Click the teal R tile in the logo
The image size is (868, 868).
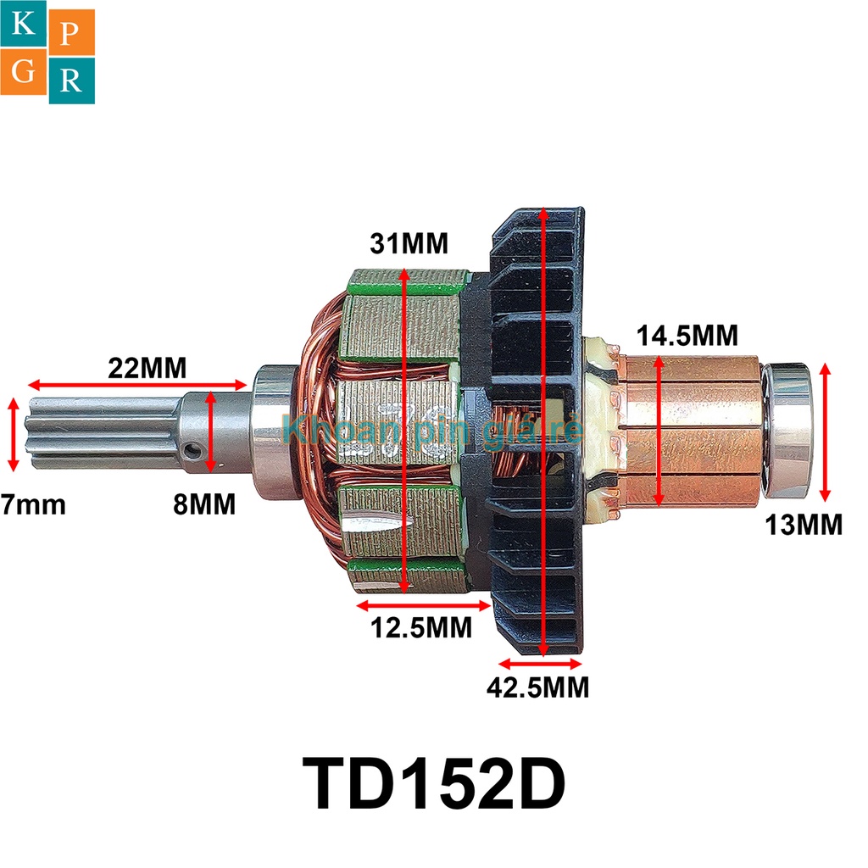[x=72, y=81]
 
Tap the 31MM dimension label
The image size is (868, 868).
[x=409, y=244]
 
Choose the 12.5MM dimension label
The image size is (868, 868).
[x=421, y=628]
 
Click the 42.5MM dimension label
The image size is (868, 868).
[x=537, y=686]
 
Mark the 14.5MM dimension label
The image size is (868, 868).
[x=687, y=335]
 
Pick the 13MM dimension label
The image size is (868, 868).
[x=804, y=525]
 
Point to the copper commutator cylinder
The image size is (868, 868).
[x=687, y=429]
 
